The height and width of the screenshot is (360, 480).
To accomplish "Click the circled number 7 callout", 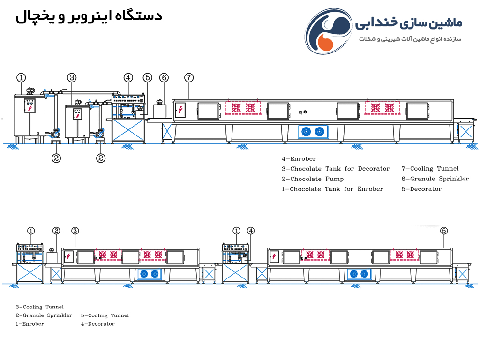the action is coord(189,78).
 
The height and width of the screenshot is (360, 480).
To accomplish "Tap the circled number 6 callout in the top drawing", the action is coord(164,78).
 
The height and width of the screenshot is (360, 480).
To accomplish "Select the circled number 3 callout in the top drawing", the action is coord(72,78).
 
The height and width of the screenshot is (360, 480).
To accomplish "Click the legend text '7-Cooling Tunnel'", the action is coord(430,168).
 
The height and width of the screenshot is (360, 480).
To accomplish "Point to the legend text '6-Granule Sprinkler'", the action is coord(435,179).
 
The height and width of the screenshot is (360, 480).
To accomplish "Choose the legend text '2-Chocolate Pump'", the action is coord(313,179).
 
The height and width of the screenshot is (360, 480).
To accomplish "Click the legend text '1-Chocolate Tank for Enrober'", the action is coord(332,189).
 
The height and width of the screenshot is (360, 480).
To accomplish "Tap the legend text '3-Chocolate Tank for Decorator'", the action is coord(336,169).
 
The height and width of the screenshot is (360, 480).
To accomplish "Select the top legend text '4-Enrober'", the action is coord(299,158).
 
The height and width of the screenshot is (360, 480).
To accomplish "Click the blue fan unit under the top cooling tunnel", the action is coord(313,132).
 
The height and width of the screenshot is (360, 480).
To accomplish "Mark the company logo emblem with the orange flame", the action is coord(328,31).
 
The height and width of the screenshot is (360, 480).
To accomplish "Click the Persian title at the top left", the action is coord(89,16).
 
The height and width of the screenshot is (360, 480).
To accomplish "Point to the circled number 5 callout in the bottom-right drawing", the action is coord(444,231).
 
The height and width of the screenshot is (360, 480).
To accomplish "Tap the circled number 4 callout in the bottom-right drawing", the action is coord(251,231).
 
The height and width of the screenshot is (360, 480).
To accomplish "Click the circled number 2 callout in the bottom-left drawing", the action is coord(56,231).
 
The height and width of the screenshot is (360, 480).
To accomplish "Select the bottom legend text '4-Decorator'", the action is coord(97,324).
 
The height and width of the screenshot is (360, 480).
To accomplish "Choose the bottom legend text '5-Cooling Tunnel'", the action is coord(105,315).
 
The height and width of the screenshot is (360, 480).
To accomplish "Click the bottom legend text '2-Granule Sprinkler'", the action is coord(44,315).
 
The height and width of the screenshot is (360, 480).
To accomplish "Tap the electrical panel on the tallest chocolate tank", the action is coord(30,105).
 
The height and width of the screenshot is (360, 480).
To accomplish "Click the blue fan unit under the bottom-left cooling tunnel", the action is coord(150,274).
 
